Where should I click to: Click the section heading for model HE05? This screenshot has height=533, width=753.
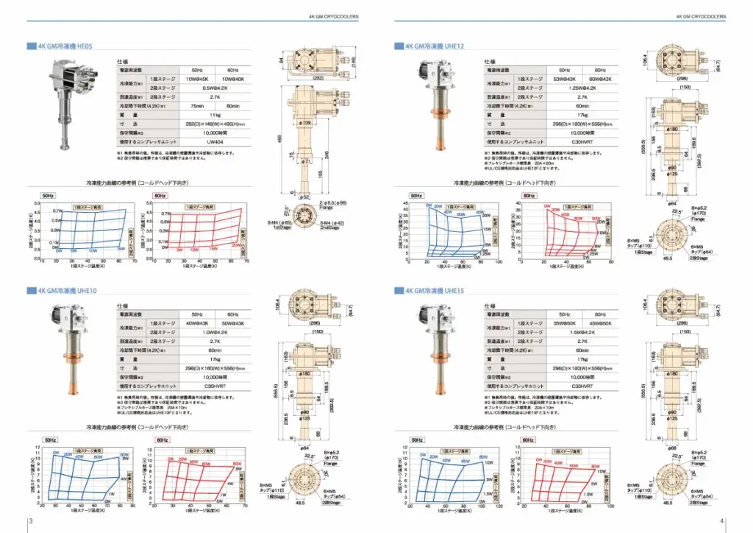[65, 46]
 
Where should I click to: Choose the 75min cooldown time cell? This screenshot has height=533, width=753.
[196, 106]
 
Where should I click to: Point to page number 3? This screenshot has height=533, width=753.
[30, 521]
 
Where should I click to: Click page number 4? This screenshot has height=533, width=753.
[722, 521]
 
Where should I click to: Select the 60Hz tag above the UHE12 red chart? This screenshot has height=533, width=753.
[528, 195]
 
